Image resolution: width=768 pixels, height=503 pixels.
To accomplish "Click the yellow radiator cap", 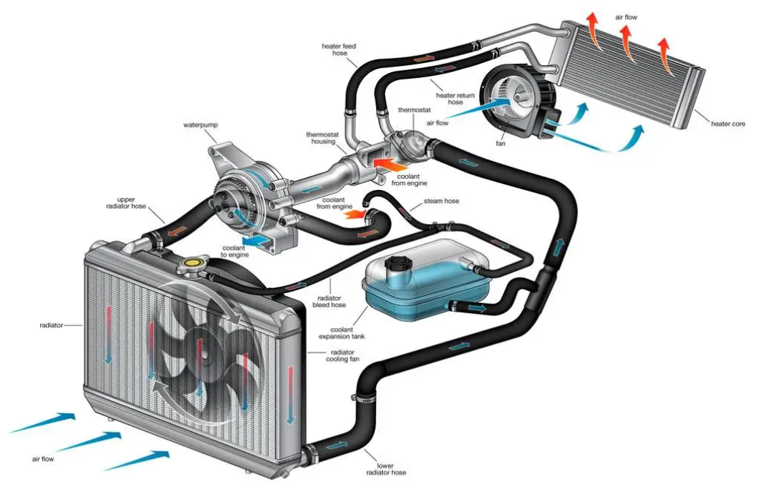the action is click(193, 265).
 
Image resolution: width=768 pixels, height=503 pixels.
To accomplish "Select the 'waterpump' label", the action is click(201, 125).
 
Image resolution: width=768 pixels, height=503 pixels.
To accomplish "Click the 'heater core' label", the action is click(728, 124).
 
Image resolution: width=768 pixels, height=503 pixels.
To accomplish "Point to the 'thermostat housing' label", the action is click(323, 138).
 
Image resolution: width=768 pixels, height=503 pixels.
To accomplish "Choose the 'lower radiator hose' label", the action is click(386, 469).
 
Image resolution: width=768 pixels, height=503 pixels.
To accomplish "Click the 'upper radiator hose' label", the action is click(126, 203).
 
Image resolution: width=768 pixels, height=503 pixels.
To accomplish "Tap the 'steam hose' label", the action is click(442, 201).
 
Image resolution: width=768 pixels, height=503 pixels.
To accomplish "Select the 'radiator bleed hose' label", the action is click(329, 301).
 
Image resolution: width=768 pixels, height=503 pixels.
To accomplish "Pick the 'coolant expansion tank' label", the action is click(341, 333).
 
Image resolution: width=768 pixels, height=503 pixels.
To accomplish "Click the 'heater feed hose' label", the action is click(339, 50).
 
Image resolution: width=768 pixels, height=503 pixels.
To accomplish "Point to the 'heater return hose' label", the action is click(456, 99).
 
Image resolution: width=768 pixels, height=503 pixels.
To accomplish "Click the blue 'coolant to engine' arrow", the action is click(257, 241).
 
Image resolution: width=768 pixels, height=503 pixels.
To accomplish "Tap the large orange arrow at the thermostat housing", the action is click(390, 163).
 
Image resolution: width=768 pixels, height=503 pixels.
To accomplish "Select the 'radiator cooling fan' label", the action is click(342, 355).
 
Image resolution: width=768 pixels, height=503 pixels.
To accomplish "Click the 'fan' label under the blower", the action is click(500, 143).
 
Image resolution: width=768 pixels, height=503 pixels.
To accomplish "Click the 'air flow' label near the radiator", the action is click(43, 459).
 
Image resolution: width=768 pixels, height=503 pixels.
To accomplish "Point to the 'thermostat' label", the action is click(414, 110).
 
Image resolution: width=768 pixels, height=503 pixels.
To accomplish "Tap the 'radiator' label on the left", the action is click(51, 325).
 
